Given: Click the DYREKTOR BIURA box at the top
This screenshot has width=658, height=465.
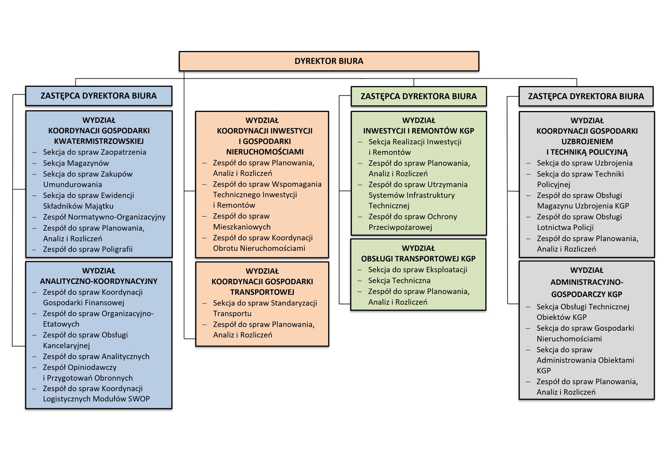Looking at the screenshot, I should pyautogui.click(x=329, y=61).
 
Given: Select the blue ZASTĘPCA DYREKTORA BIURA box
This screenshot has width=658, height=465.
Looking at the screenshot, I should pyautogui.click(x=98, y=96).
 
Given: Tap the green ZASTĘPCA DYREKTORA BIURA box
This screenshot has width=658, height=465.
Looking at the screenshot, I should pyautogui.click(x=418, y=96).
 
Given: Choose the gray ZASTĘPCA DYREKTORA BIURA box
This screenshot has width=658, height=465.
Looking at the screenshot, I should pyautogui.click(x=586, y=96).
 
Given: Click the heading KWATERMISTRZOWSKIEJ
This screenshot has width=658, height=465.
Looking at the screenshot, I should pyautogui.click(x=99, y=141).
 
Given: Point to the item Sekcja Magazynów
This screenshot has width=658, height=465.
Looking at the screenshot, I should pyautogui.click(x=76, y=163).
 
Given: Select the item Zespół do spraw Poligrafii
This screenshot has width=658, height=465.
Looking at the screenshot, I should pyautogui.click(x=88, y=249).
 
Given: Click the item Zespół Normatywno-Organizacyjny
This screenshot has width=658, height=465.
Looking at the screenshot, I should pyautogui.click(x=104, y=217).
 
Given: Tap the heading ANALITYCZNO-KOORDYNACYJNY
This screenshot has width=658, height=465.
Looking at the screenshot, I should pyautogui.click(x=99, y=281).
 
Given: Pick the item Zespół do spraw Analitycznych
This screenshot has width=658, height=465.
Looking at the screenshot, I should pyautogui.click(x=96, y=357).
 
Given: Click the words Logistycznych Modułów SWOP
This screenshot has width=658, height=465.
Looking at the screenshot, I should pyautogui.click(x=96, y=399).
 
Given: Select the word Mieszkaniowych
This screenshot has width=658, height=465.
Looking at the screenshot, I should pyautogui.click(x=242, y=227).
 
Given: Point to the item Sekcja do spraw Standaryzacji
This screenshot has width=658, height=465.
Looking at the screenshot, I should pyautogui.click(x=265, y=303).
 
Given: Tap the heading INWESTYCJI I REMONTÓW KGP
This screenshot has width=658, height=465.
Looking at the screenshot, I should pyautogui.click(x=418, y=131).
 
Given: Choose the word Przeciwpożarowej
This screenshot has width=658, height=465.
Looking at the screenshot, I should pyautogui.click(x=400, y=227).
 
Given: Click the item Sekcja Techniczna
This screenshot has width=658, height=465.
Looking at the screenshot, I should pyautogui.click(x=399, y=281).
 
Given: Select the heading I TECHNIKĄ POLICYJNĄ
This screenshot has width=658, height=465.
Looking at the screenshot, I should pyautogui.click(x=587, y=152).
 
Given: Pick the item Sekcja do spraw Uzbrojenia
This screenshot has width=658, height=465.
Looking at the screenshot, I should pyautogui.click(x=585, y=163).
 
